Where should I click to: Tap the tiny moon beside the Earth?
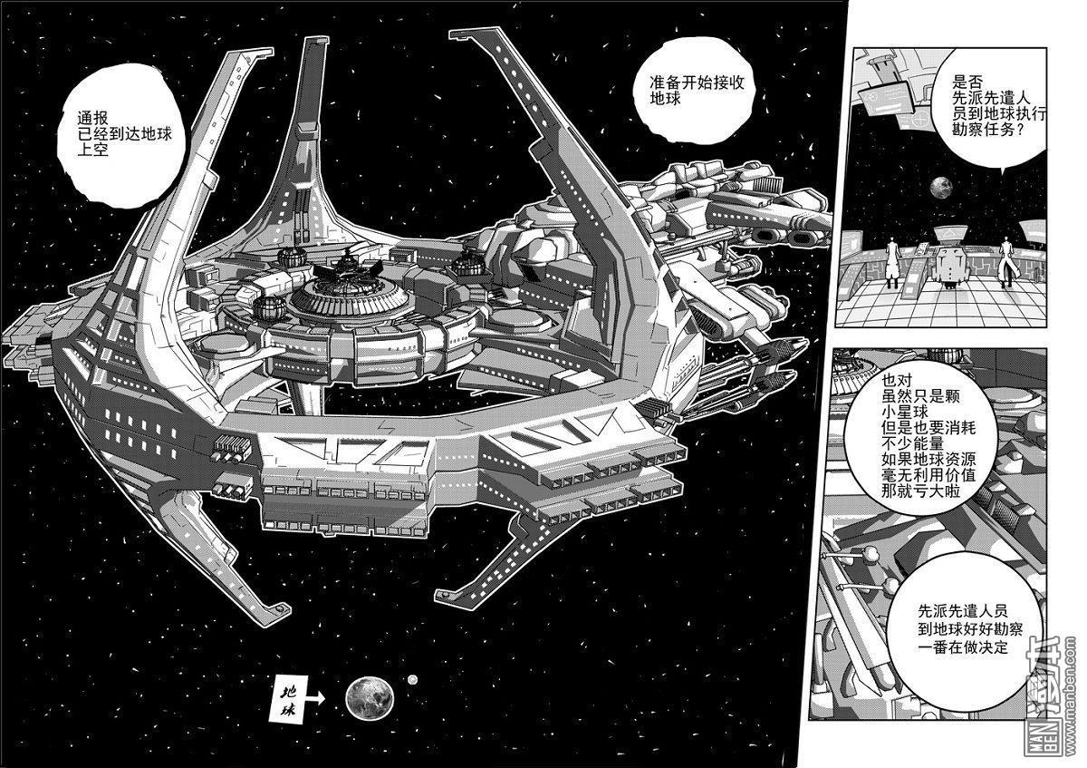coord(413,679)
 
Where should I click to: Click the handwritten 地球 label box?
coord(288,697)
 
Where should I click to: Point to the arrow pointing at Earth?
coord(315,699)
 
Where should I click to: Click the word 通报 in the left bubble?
coord(93,118)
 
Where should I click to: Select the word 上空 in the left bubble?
coord(93,150)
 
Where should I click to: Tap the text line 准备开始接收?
coord(697,83)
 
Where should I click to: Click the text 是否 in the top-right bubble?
coord(967,81)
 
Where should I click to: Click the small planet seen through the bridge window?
coord(941,188)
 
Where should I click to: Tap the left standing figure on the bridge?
coord(893,262)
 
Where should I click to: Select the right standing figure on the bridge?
coord(1007,261)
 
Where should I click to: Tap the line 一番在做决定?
coord(963,647)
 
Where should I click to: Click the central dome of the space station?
coord(346,291)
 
